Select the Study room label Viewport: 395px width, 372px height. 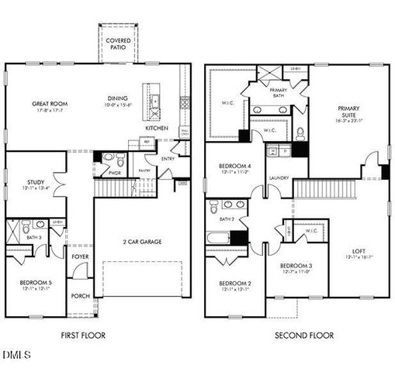pyautogui.click(x=24, y=183)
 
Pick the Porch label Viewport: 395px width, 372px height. pyautogui.click(x=79, y=296)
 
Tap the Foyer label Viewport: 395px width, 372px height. pyautogui.click(x=79, y=257)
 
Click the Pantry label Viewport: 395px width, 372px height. pyautogui.click(x=143, y=170)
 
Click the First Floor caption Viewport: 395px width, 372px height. pyautogui.click(x=83, y=336)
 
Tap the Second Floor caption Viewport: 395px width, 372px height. pyautogui.click(x=304, y=336)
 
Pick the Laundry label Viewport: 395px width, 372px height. pyautogui.click(x=279, y=177)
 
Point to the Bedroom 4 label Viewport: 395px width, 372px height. pyautogui.click(x=234, y=167)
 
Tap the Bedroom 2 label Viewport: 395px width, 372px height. pyautogui.click(x=234, y=283)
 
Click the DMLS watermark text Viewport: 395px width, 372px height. pyautogui.click(x=16, y=356)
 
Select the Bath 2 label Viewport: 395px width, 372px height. pyautogui.click(x=226, y=220)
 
